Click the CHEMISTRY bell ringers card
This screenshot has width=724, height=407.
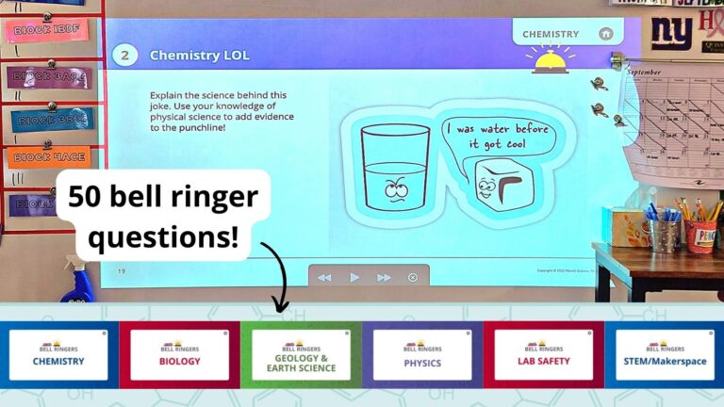point(58,354)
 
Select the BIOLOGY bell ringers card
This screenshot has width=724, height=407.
point(179,354)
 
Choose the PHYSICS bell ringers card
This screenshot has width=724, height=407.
point(421,354)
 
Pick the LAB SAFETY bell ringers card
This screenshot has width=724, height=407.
point(543,354)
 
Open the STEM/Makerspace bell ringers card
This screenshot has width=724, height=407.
point(665,354)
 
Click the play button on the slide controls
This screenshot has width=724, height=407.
point(354,277)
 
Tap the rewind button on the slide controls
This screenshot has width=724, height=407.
point(324,277)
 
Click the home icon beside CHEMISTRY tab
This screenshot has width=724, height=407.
point(605,34)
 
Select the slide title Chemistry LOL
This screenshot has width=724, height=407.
point(200,56)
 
